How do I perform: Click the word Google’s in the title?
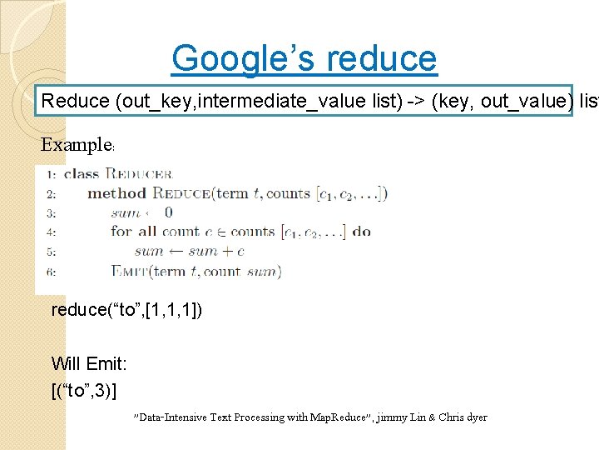pyautogui.click(x=245, y=58)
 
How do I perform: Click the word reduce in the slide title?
pyautogui.click(x=382, y=58)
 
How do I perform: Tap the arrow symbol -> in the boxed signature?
pyautogui.click(x=413, y=102)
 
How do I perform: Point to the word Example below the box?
pyautogui.click(x=76, y=145)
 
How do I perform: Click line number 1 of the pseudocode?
pyautogui.click(x=52, y=175)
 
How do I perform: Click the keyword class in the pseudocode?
pyautogui.click(x=81, y=174)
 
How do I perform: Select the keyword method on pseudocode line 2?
pyautogui.click(x=116, y=194)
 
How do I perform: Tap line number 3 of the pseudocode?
pyautogui.click(x=52, y=213)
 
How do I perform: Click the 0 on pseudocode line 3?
pyautogui.click(x=168, y=213)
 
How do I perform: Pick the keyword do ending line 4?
pyautogui.click(x=361, y=232)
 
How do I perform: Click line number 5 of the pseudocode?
pyautogui.click(x=52, y=252)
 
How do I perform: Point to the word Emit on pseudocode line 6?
pyautogui.click(x=131, y=271)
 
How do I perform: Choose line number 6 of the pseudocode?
pyautogui.click(x=52, y=271)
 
